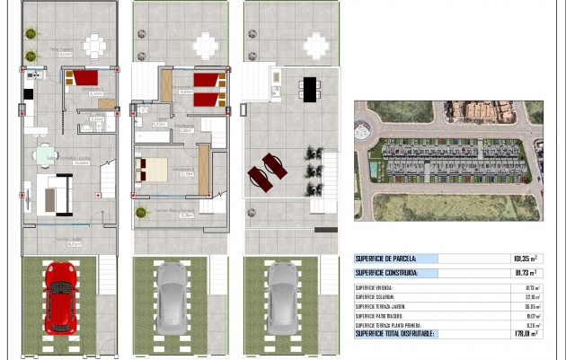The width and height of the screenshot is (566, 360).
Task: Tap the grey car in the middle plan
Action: (171, 297)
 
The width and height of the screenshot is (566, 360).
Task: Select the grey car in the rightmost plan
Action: (282, 296)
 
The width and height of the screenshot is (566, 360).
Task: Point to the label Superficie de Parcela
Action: (385, 259)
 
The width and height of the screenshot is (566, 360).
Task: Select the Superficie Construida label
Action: (386, 273)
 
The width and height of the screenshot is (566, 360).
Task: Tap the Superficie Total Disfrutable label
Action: (394, 334)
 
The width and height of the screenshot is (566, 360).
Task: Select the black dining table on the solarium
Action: (309, 88)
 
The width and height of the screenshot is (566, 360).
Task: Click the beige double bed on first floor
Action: (152, 167)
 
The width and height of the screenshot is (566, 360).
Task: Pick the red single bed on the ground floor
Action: (85, 78)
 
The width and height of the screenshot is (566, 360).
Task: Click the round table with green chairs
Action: (46, 156)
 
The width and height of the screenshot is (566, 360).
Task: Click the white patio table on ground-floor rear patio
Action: (94, 44)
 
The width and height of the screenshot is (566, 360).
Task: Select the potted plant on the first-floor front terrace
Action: (141, 213)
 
